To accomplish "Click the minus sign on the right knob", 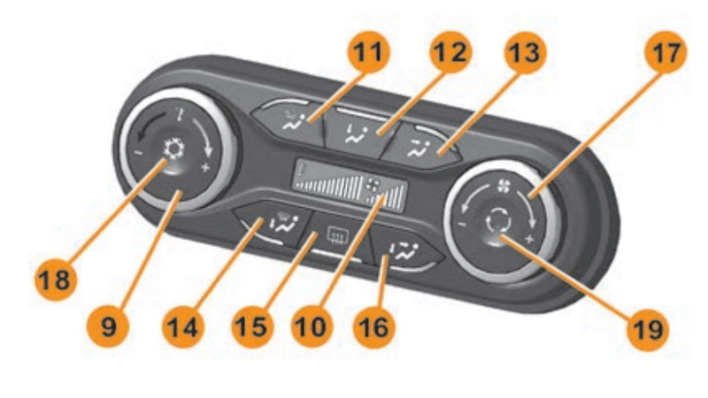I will click(x=463, y=224).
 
